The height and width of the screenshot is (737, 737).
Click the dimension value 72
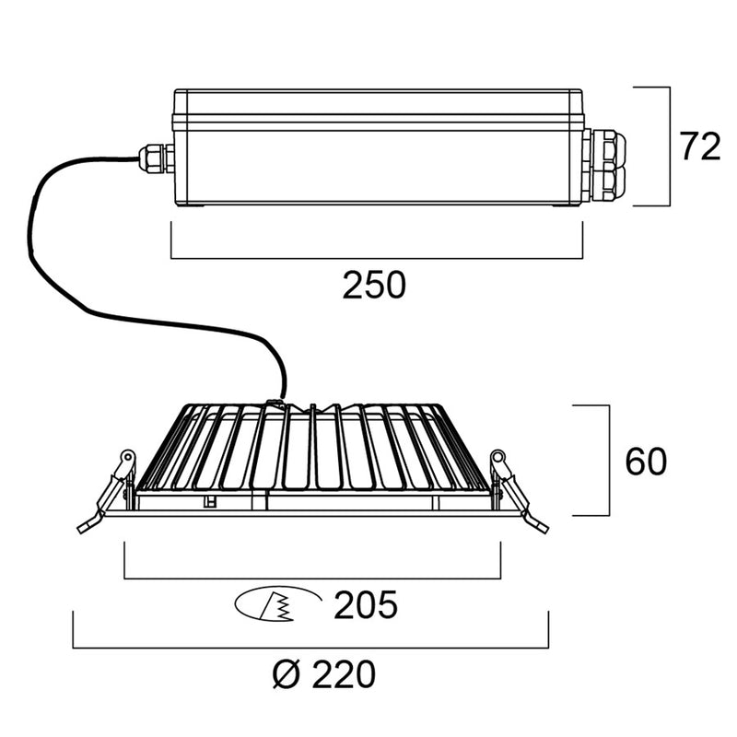coord(699,146)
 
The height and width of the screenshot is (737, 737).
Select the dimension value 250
coord(374,286)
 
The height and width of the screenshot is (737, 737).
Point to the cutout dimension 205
coord(366,606)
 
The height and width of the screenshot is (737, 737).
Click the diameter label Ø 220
coord(324,675)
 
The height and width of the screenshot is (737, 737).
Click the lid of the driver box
coord(378,101)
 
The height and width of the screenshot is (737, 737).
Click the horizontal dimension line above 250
coord(378,257)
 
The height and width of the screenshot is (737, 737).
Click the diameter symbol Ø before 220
coord(285,675)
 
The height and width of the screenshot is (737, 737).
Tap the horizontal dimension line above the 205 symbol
coord(311,579)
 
